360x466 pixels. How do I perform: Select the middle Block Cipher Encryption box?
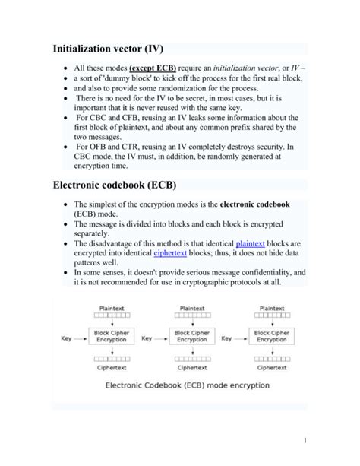pyautogui.click(x=193, y=336)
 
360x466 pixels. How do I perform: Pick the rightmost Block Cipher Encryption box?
pyautogui.click(x=272, y=336)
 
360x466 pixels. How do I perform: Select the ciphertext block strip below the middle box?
pyautogui.click(x=193, y=358)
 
